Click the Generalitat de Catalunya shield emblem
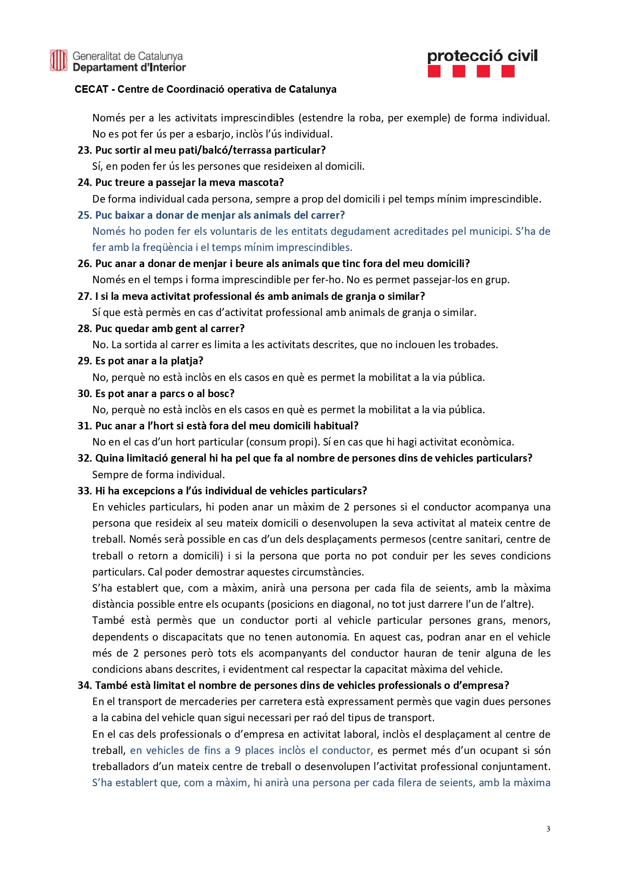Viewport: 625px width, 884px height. pos(58,60)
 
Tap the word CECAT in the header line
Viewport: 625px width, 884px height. pos(91,89)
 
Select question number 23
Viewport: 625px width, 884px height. pos(85,150)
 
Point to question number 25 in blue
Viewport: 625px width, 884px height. pos(85,215)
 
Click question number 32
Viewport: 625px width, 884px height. pos(85,458)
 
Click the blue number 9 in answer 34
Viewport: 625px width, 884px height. pos(237,750)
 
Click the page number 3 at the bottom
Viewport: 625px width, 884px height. pos(548,829)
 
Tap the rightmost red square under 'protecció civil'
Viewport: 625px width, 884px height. pos(508,72)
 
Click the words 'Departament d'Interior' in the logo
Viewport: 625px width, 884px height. pos(129,68)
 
